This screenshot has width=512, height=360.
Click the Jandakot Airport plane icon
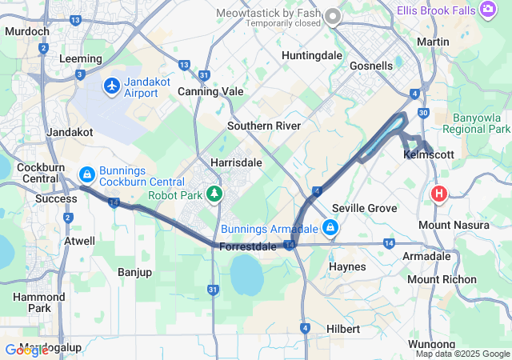point(112,85)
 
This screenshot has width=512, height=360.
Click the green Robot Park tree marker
point(214,194)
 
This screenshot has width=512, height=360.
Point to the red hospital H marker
point(438,194)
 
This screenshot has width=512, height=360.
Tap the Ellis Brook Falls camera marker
point(488,10)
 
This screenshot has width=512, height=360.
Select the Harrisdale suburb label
point(236,162)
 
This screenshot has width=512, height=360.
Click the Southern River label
point(264,126)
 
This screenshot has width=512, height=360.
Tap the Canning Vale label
point(210,91)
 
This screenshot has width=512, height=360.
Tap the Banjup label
point(134,272)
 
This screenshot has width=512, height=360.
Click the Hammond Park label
point(33,302)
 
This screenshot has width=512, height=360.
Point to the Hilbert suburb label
point(343,329)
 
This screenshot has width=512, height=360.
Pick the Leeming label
point(81,58)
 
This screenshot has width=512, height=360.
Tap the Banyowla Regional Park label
point(476,122)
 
